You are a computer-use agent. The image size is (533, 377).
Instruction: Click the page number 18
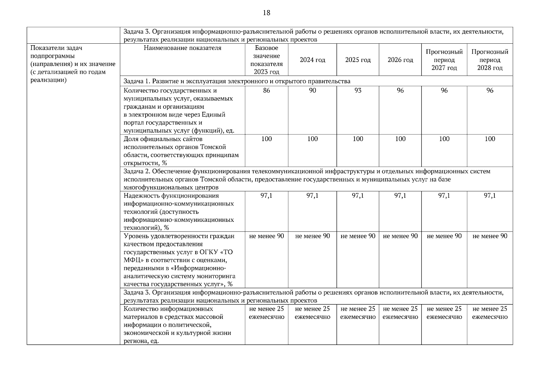point(266,13)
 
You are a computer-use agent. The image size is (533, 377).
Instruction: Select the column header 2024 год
point(312,60)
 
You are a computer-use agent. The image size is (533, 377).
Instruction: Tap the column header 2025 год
point(358,60)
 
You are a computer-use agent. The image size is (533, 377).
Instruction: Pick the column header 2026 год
point(400,60)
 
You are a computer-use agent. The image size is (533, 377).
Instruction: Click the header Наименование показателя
point(182,48)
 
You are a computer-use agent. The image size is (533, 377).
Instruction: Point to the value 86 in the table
point(266,91)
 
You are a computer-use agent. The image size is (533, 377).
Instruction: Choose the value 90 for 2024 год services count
point(312,91)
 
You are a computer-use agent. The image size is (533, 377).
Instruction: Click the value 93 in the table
point(358,91)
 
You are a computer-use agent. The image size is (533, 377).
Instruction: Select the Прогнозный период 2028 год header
point(490,60)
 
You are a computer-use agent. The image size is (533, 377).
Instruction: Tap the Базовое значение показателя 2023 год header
point(266,60)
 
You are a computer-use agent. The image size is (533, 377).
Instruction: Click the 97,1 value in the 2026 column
point(400,196)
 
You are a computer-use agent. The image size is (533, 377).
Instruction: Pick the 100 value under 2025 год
point(358,139)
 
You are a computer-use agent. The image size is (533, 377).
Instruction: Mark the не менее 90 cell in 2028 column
point(490,236)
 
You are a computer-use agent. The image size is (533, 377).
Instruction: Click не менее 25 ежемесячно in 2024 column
point(312,313)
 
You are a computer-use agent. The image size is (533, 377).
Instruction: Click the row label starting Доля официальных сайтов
point(163,139)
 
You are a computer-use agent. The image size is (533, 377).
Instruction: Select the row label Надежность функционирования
point(171,196)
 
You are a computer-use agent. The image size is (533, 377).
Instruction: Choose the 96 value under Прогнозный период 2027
point(444,91)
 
